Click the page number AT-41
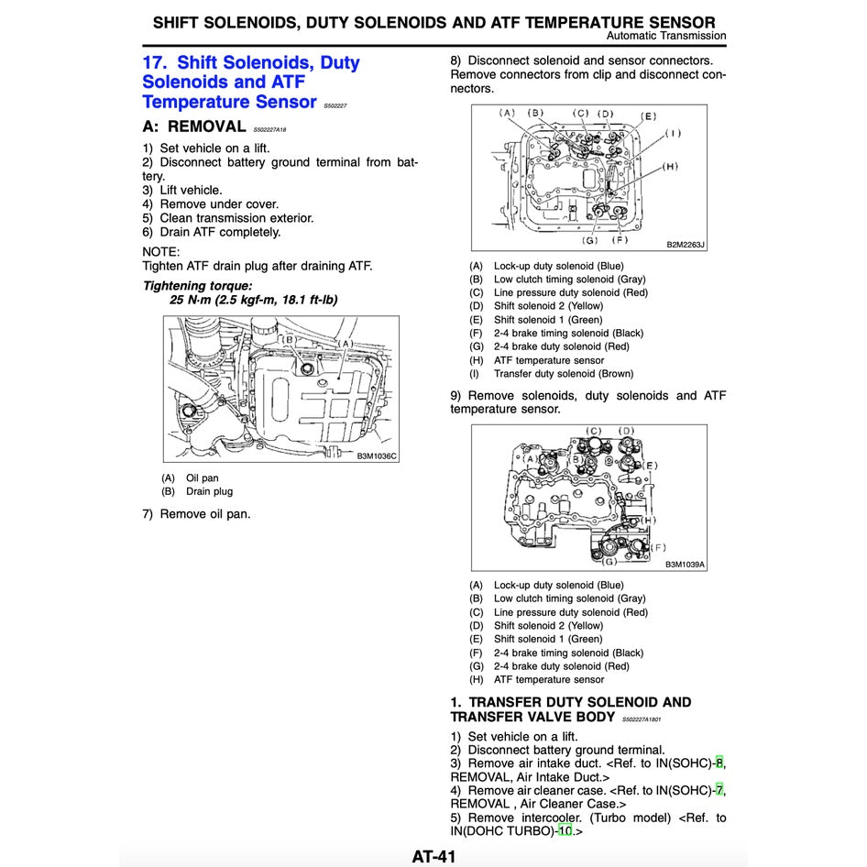[433, 857]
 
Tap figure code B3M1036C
[377, 455]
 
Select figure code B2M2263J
[686, 245]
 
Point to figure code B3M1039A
[685, 565]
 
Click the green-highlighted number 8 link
[719, 763]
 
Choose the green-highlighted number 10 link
[565, 831]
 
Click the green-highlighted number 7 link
[719, 790]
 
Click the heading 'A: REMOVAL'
[194, 126]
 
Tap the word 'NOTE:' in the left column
[161, 251]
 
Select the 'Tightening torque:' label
[197, 286]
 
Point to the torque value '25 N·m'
[196, 300]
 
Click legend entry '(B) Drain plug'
[197, 491]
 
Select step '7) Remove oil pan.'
[196, 514]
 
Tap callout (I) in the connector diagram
[674, 133]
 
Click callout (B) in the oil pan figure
[288, 339]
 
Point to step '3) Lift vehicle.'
[181, 191]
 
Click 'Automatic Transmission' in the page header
[666, 36]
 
